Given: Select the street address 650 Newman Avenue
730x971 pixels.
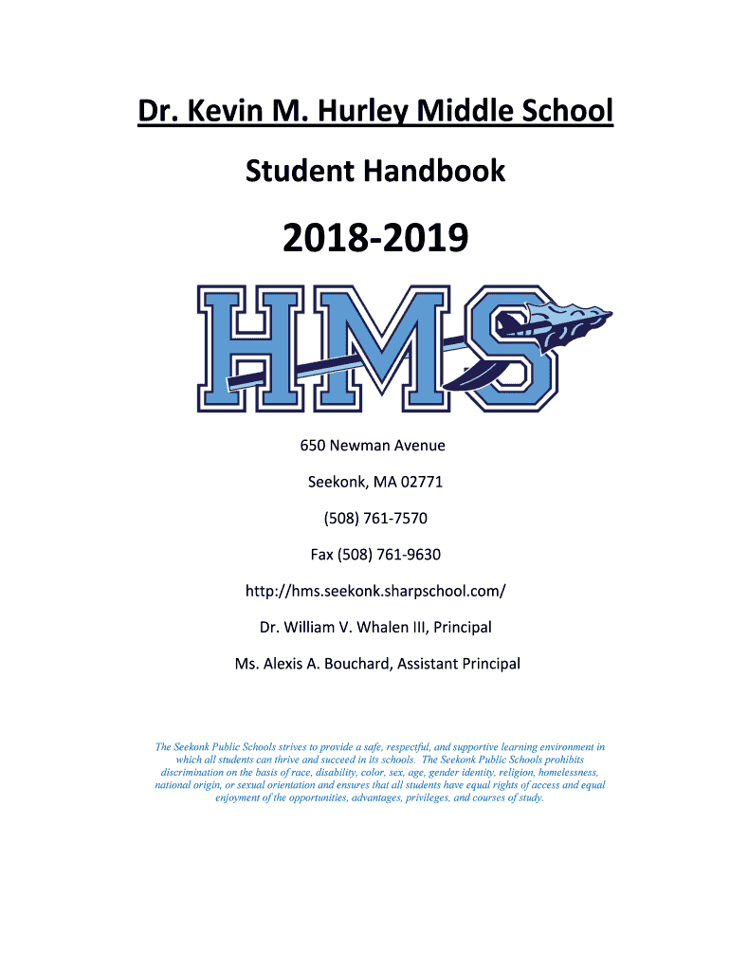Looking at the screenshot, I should pos(373,445).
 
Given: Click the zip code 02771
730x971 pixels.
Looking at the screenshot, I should pos(421,482).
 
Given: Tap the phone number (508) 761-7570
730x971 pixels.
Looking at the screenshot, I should pos(374,518).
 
